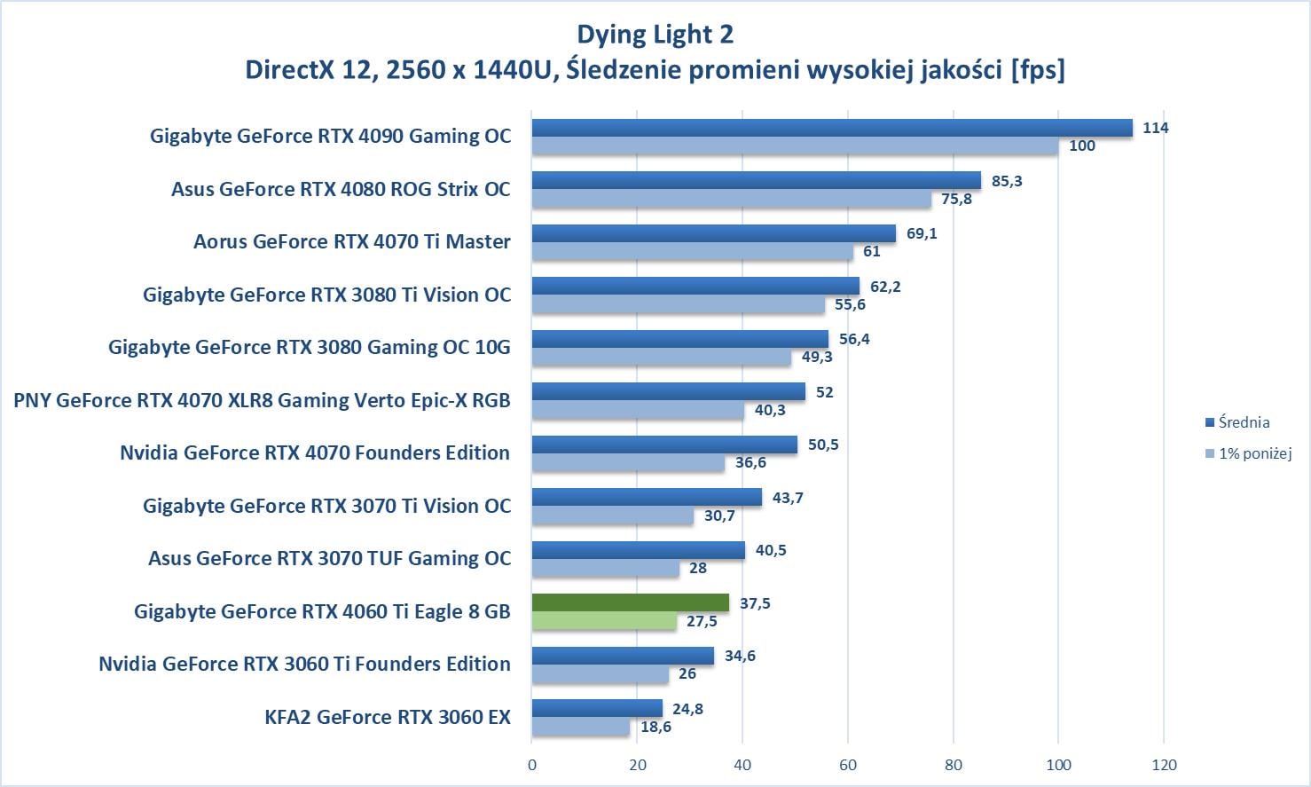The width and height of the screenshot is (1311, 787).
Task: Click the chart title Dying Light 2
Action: (x=655, y=35)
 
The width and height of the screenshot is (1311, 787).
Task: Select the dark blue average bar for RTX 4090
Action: (x=832, y=128)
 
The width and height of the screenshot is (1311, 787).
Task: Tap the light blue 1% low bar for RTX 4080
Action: (x=732, y=199)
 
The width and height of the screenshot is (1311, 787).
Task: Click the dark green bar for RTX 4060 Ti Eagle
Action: (x=631, y=603)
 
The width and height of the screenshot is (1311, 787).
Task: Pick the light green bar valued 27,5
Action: (x=604, y=621)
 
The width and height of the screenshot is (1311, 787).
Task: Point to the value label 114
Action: (x=1155, y=128)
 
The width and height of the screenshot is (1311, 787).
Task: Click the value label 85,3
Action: (x=1007, y=181)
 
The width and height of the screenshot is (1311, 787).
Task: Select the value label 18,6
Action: (x=655, y=727)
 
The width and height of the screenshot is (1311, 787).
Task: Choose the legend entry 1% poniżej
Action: (x=1254, y=453)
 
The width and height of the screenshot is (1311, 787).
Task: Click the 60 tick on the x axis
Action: (x=848, y=765)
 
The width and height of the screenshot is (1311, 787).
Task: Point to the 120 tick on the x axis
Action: (x=1164, y=765)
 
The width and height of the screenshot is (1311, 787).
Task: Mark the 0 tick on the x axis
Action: (x=532, y=765)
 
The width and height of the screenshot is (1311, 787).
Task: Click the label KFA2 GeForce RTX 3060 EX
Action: (x=388, y=717)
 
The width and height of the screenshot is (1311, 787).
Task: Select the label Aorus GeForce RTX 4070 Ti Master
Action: (x=352, y=241)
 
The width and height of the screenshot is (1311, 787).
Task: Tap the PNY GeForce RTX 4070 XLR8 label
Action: (x=262, y=400)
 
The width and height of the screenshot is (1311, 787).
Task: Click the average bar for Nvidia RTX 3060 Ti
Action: (x=623, y=656)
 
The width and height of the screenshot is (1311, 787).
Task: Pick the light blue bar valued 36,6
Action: (x=628, y=462)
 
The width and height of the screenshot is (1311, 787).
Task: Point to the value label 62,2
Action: (x=885, y=287)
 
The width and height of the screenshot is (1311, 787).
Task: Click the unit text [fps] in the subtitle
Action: (x=1037, y=69)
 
